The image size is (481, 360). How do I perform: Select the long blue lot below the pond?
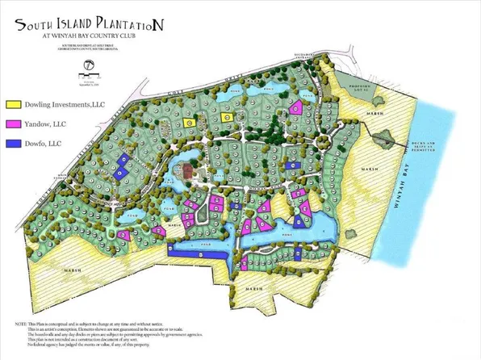196,252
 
